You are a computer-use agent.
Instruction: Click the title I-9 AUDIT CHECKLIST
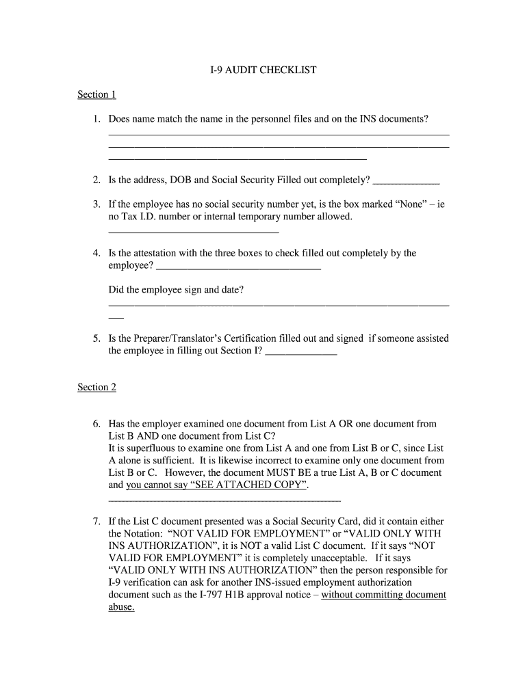(263, 70)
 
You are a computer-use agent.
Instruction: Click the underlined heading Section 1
(97, 94)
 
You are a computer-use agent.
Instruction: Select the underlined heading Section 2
(97, 387)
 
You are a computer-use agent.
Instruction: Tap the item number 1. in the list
(97, 120)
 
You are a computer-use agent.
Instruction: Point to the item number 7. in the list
(97, 522)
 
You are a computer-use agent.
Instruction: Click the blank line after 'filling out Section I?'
(300, 355)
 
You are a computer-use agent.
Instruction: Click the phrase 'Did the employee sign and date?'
(176, 290)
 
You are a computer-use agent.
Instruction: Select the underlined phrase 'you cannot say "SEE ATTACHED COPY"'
(217, 485)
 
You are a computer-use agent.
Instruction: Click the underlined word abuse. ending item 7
(121, 607)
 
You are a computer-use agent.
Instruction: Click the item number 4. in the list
(97, 253)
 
